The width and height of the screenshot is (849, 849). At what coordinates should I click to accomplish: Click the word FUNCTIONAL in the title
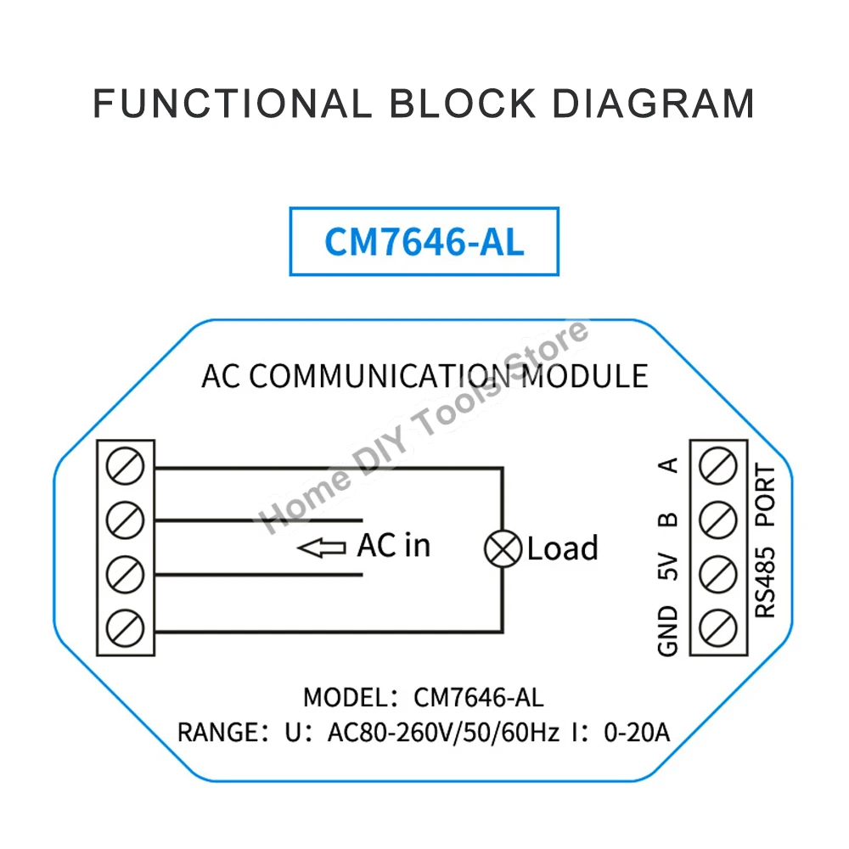[x=232, y=104]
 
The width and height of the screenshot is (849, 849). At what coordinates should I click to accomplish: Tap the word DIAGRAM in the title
[x=653, y=104]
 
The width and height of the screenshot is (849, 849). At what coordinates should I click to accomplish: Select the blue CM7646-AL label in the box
[x=424, y=241]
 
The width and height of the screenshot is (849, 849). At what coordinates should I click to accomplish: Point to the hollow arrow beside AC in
[x=322, y=548]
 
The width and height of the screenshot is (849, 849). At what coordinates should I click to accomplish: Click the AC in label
[x=394, y=546]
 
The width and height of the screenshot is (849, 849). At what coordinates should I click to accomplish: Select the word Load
[x=562, y=548]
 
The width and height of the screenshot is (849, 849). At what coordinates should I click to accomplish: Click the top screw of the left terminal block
[x=126, y=467]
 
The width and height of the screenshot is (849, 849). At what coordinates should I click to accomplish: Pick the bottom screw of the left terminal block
[x=126, y=629]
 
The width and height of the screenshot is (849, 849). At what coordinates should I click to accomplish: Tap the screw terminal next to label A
[x=717, y=467]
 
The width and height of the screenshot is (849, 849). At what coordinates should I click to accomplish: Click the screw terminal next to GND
[x=717, y=629]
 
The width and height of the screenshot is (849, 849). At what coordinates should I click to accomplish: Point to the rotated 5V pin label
[x=668, y=566]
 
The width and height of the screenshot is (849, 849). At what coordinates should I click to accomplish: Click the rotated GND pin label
[x=668, y=631]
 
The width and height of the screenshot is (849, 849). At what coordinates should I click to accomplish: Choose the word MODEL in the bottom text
[x=343, y=697]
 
